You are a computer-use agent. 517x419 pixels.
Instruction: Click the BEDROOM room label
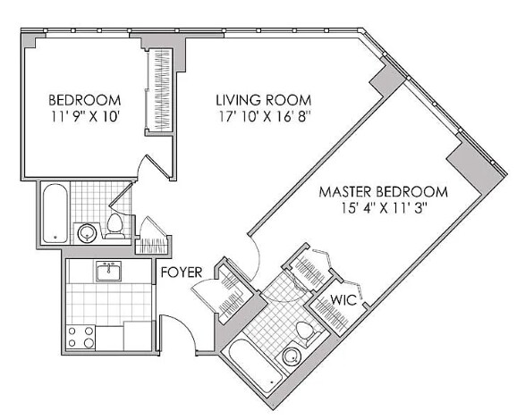tap(84, 99)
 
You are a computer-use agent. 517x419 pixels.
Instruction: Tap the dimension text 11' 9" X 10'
tap(84, 115)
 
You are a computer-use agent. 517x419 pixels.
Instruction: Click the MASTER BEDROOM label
tap(383, 191)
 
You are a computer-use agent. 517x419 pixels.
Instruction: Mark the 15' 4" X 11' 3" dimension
tap(383, 208)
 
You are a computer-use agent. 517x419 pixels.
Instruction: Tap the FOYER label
tap(182, 272)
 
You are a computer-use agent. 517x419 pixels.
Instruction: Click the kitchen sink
tap(109, 271)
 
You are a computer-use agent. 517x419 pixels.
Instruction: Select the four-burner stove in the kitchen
tap(81, 337)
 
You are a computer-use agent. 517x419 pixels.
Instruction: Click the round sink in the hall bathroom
tap(87, 233)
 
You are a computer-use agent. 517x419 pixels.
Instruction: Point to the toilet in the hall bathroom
tap(115, 224)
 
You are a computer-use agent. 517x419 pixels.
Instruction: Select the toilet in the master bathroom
tap(304, 331)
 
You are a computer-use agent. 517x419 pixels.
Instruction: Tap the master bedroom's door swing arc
tap(253, 255)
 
